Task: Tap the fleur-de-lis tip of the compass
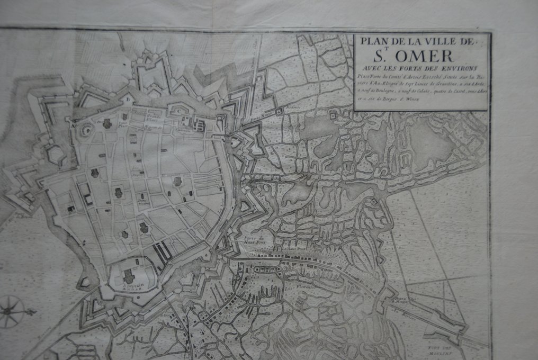point(33,311)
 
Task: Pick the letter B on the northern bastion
point(127,97)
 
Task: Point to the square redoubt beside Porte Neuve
point(279,112)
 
